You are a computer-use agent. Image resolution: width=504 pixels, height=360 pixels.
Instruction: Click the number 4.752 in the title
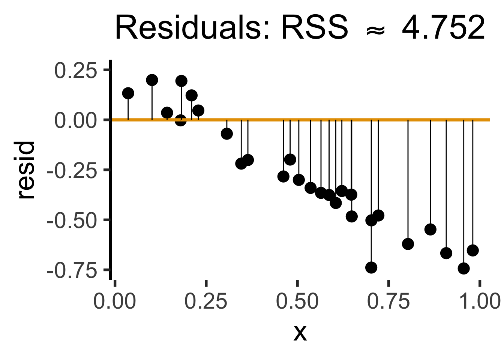tap(443, 28)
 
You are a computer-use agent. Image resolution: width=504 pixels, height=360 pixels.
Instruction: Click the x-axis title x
tap(300, 332)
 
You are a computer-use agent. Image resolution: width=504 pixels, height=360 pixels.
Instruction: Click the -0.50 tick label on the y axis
tap(72, 220)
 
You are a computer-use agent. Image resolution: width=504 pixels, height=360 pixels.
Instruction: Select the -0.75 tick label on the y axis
tap(72, 270)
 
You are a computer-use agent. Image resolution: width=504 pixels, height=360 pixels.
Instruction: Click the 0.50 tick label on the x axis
tap(297, 301)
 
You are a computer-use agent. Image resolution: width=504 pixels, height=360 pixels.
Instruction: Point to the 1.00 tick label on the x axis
tap(480, 301)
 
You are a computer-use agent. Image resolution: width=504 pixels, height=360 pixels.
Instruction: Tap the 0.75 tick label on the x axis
tap(388, 301)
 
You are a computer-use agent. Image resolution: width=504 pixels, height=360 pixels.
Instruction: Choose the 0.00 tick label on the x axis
tap(115, 301)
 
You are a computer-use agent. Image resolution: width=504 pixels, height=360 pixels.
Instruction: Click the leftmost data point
tap(128, 93)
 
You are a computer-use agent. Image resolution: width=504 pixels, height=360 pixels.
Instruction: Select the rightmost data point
tap(472, 250)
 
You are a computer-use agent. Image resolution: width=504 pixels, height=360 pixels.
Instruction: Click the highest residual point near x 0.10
tap(152, 80)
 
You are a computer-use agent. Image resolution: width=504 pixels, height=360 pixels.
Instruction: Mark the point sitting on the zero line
tap(181, 120)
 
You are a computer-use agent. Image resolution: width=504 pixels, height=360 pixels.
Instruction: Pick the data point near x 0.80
tap(408, 244)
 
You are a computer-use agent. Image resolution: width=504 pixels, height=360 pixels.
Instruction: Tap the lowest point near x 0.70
tap(371, 267)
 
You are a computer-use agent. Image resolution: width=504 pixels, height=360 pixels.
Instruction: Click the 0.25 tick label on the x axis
tap(206, 301)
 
